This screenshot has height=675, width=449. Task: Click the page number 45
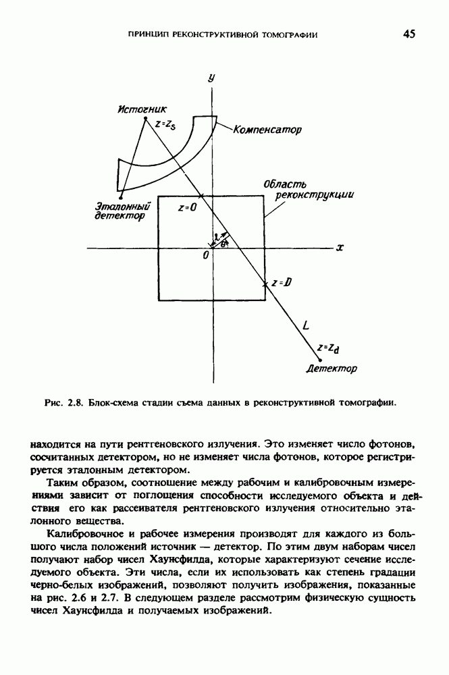coord(409,34)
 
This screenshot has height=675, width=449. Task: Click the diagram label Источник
coord(142,109)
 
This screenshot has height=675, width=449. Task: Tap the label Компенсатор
coord(267,128)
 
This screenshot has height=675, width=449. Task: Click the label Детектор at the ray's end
coord(332,369)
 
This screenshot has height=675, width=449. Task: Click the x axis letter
coord(340,248)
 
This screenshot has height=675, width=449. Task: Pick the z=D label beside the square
coord(281,283)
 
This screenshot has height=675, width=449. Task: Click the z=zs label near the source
coord(165,124)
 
